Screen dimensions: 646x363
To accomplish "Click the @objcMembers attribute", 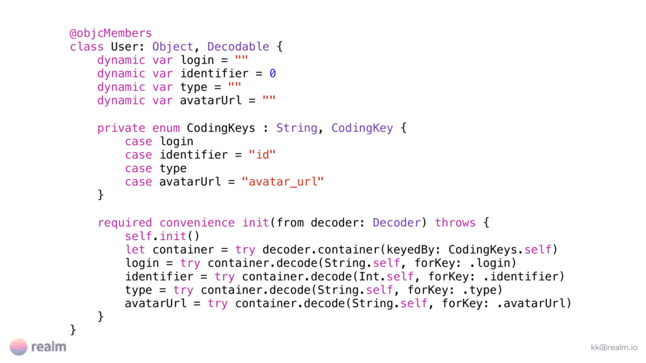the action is click(x=110, y=33).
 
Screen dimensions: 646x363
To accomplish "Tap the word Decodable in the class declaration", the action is click(x=238, y=47).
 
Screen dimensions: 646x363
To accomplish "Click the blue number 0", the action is click(x=273, y=74).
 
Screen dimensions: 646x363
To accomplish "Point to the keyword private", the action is click(x=121, y=128).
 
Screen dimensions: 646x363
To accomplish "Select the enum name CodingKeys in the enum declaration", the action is click(x=221, y=128).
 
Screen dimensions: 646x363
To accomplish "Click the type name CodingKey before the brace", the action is click(x=362, y=128).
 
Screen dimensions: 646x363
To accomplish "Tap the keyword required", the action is click(x=125, y=222).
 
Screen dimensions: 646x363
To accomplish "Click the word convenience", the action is click(x=197, y=222).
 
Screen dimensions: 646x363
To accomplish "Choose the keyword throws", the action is click(x=455, y=222).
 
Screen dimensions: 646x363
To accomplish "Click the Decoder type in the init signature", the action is click(x=397, y=222).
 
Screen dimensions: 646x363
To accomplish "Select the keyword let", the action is click(x=135, y=250).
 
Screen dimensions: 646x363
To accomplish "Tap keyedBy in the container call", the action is click(x=414, y=250).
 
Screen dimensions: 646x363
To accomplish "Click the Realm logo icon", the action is click(x=18, y=347).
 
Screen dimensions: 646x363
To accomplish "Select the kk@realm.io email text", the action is click(x=614, y=347).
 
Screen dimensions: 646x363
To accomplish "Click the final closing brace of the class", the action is click(x=73, y=330).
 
